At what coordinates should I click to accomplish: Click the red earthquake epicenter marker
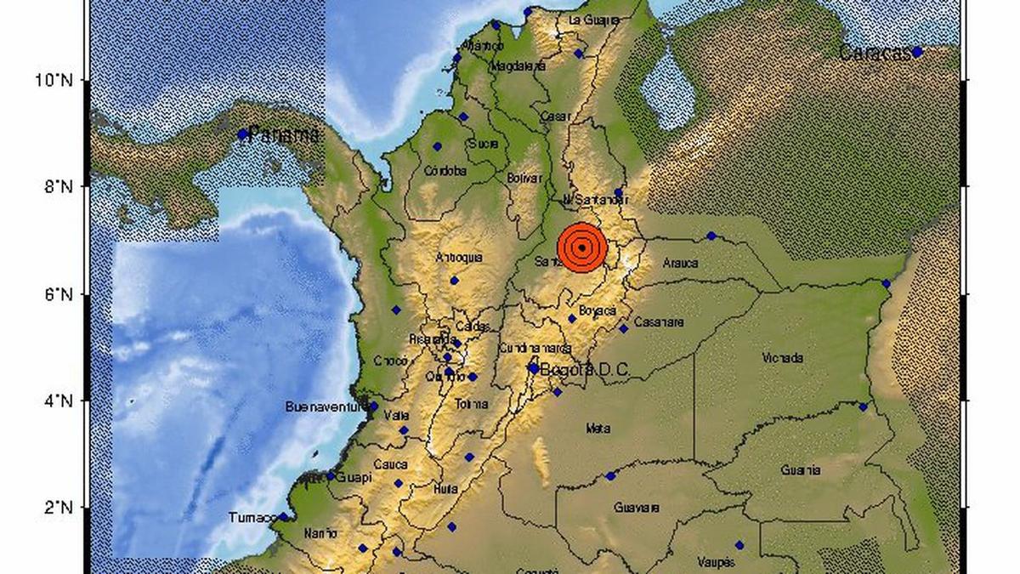pos(581,247)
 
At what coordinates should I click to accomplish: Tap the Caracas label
pos(874,53)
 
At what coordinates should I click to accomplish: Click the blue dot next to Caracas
pos(917,52)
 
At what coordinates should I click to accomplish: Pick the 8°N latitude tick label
pos(58,186)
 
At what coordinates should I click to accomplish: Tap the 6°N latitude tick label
pos(58,294)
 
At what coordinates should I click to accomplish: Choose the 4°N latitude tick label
pos(58,401)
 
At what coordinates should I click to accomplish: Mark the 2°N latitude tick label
pos(58,508)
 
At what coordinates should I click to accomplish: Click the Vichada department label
pos(783,358)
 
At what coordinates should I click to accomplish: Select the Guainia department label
pos(802,469)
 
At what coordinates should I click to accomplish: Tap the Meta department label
pos(598,429)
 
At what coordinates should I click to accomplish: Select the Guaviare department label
pos(637,508)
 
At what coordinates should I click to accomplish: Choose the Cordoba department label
pos(446,171)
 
